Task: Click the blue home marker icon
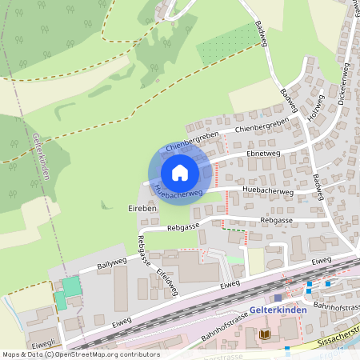(x=180, y=172)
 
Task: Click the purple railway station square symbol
(x=278, y=298)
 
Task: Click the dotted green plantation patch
(x=227, y=44)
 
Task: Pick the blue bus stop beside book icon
(x=287, y=349)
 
